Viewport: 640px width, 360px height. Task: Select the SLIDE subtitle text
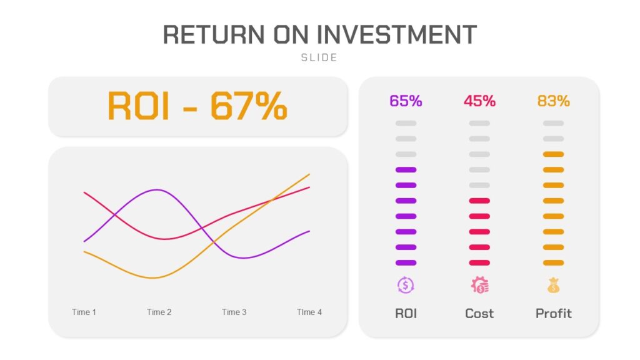[319, 57]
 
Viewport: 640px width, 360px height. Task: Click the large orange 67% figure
[249, 106]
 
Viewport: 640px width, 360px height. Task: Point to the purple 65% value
[406, 101]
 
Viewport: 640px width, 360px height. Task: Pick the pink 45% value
[479, 101]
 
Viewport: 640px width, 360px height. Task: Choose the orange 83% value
[554, 101]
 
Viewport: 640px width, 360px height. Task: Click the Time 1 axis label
[84, 312]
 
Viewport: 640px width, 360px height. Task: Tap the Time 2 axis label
[159, 312]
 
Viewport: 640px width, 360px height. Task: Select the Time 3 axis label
[234, 312]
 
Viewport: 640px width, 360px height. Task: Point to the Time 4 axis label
[309, 312]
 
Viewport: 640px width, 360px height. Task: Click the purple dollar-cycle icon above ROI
[406, 285]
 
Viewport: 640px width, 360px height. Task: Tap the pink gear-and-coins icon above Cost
[479, 285]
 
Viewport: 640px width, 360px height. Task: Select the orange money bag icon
[554, 285]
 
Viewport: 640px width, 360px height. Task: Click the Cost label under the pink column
[479, 314]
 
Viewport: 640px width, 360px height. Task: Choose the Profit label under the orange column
[554, 314]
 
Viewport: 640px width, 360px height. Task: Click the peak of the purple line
[157, 190]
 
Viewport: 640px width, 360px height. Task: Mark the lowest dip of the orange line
[153, 278]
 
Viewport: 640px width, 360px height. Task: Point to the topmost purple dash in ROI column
[406, 170]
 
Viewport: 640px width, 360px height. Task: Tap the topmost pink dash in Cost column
[479, 201]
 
